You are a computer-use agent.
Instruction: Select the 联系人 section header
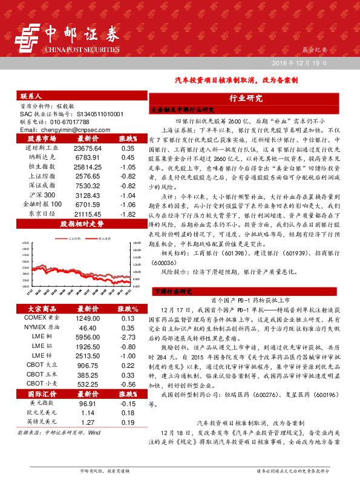pyautogui.click(x=31, y=96)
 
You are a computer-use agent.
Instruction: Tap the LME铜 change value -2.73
pyautogui.click(x=127, y=336)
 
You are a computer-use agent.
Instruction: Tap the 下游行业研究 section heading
pyautogui.click(x=176, y=291)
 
